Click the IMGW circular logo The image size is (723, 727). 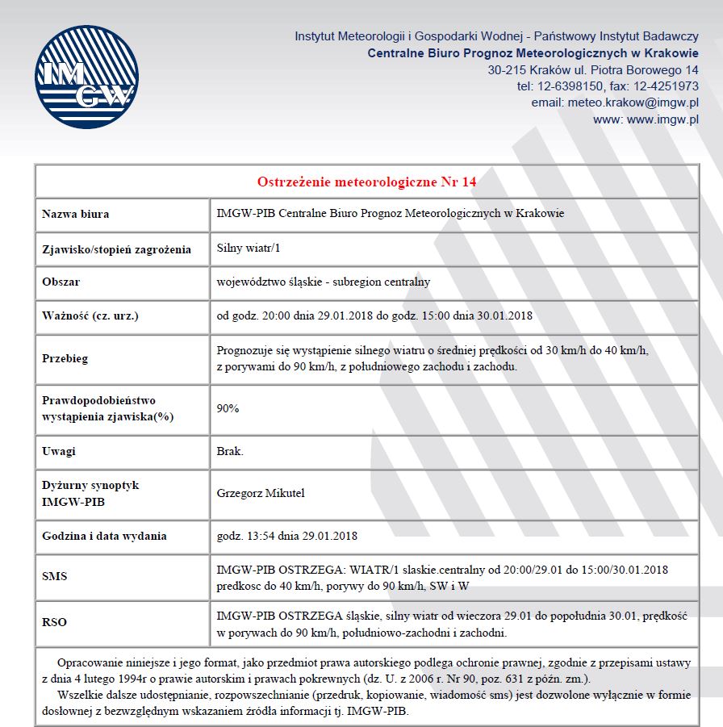86,78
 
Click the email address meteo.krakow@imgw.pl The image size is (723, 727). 633,102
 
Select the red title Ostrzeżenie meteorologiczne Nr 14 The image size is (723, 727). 366,182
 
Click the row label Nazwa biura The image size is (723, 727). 75,214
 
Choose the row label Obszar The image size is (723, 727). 61,282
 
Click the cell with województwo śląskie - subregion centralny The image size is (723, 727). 323,282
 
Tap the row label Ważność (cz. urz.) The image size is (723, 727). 90,315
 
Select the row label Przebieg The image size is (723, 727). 65,358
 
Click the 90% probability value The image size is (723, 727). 228,408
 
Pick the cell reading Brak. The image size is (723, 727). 230,451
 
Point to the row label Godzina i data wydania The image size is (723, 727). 104,536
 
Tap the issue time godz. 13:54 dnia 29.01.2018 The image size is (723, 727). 287,536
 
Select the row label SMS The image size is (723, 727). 55,577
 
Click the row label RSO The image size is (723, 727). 55,622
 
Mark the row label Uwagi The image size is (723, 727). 58,451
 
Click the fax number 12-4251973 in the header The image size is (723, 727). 667,86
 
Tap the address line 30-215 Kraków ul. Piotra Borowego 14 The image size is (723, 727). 593,70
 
